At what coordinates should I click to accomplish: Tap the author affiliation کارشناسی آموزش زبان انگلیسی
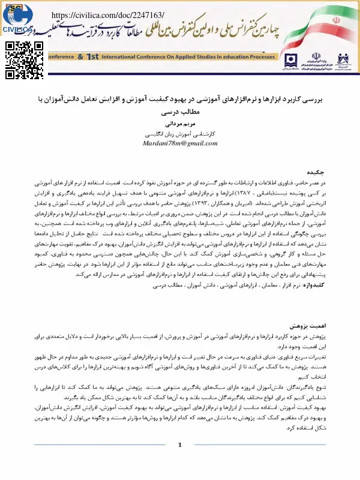coord(181,135)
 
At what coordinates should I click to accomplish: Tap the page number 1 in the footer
coord(179,461)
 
